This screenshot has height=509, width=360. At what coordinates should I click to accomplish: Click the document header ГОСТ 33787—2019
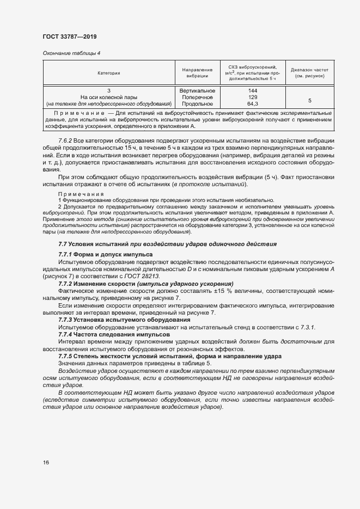(69, 36)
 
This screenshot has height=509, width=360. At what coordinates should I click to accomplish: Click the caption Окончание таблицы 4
(71, 53)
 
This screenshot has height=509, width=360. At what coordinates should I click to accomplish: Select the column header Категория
(109, 72)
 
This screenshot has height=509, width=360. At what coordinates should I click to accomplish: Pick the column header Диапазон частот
(309, 72)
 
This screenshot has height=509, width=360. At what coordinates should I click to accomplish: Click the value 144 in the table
(252, 90)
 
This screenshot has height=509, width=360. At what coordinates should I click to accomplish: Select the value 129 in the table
(252, 97)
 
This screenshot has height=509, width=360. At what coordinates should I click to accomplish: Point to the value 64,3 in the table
(252, 103)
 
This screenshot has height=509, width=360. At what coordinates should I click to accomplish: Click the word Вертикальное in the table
(197, 90)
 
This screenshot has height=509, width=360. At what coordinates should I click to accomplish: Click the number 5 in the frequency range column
(309, 100)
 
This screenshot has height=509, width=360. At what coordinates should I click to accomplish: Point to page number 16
(46, 462)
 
